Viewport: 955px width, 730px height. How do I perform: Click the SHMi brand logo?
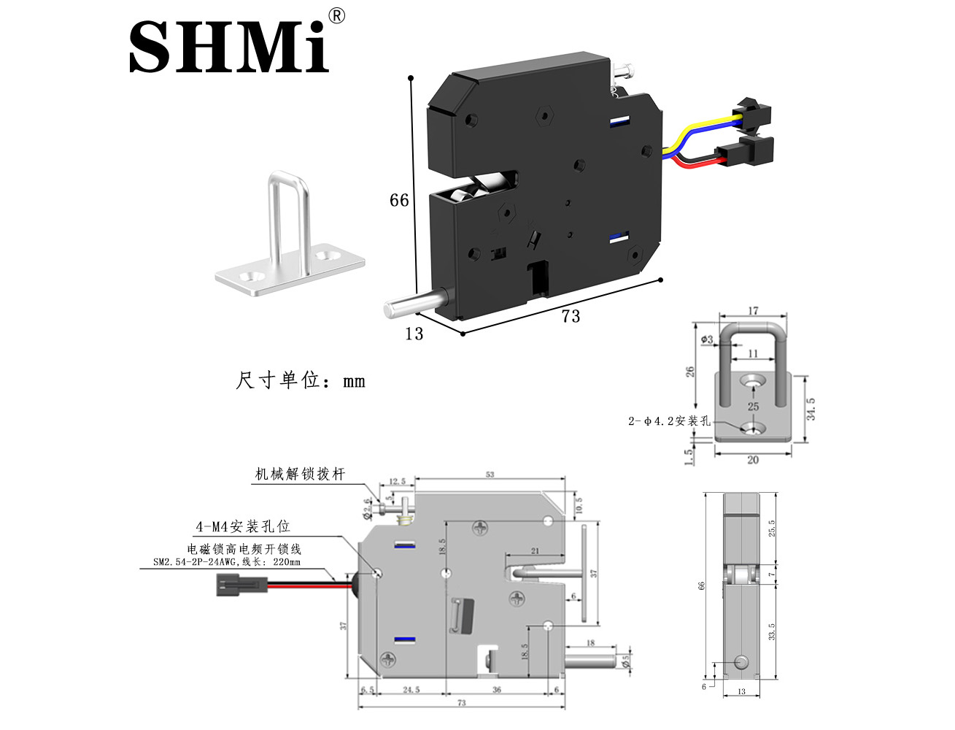point(228,46)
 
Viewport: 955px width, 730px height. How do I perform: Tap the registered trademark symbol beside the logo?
point(336,16)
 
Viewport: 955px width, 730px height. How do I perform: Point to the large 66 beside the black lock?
point(399,200)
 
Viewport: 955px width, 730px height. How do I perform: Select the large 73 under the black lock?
point(571,315)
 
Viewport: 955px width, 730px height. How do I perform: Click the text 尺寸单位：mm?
point(301,380)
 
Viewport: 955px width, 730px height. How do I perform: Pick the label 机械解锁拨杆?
point(300,474)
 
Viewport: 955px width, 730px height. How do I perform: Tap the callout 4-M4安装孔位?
point(243,526)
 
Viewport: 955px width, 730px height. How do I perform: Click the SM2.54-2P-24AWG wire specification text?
point(226,562)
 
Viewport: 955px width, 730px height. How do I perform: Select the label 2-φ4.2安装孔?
point(669,421)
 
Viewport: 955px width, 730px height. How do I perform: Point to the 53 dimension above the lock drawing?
point(490,475)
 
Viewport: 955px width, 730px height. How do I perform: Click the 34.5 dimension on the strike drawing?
point(811,409)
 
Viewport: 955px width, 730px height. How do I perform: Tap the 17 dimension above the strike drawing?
point(753,311)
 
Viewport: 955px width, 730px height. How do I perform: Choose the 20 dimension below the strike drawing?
point(753,460)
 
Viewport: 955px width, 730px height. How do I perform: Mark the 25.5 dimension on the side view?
point(772,528)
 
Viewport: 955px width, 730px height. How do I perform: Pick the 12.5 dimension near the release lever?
point(397,482)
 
